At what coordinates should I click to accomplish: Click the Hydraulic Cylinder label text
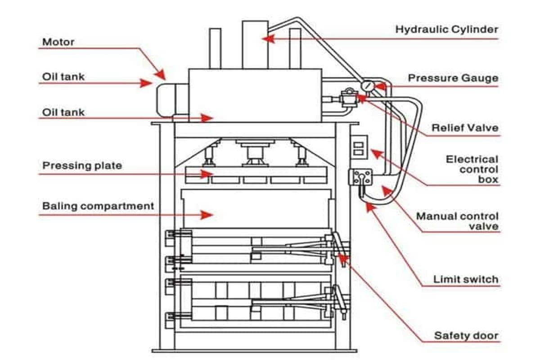click(x=446, y=30)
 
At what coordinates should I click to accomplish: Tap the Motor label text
click(x=58, y=42)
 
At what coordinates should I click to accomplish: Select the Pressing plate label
click(x=82, y=166)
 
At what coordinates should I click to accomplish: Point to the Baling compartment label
click(x=98, y=207)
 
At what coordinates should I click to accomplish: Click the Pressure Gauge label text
click(x=453, y=78)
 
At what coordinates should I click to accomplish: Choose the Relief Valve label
click(x=465, y=128)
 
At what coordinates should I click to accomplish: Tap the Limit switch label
click(x=466, y=279)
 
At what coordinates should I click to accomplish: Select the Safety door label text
click(x=466, y=336)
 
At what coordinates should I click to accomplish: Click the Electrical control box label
click(x=472, y=169)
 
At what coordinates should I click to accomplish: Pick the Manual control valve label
click(x=457, y=221)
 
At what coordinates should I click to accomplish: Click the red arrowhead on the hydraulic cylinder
click(x=267, y=39)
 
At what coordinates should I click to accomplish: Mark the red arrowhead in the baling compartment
click(x=207, y=215)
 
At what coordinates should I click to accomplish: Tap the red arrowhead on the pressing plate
click(x=207, y=174)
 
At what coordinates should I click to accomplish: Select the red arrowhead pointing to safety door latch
click(x=342, y=257)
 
